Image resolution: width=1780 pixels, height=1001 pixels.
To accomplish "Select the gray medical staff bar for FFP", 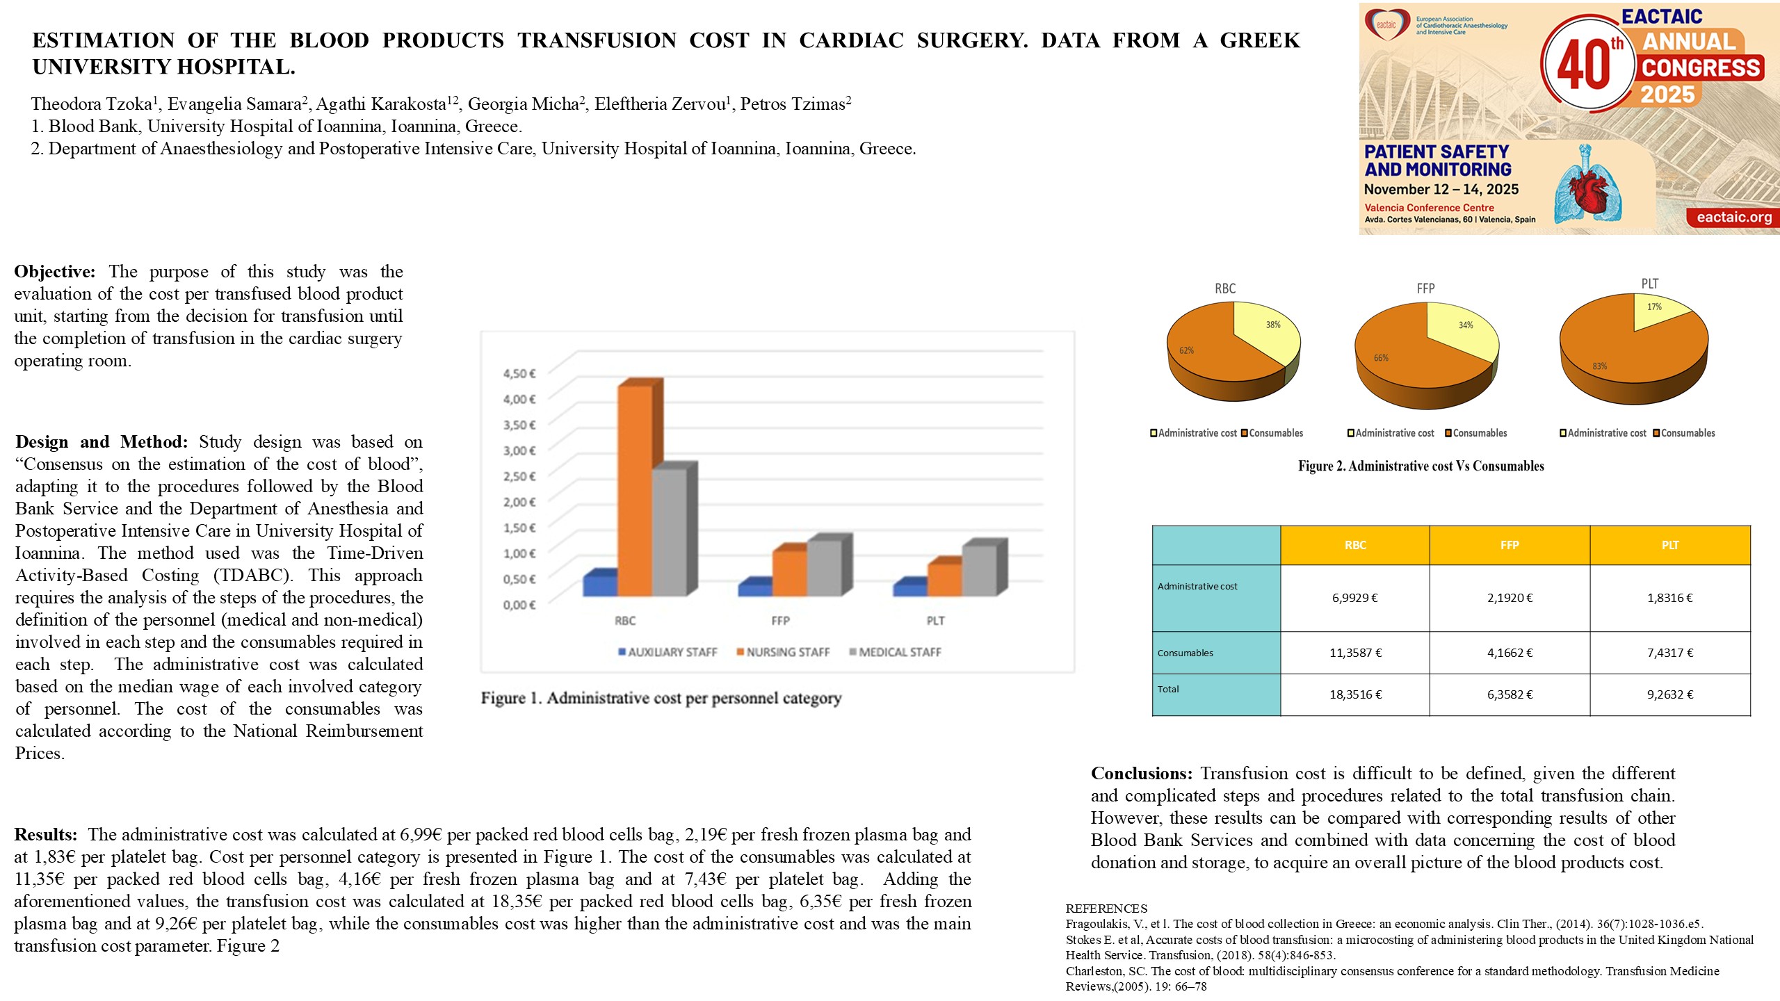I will (x=824, y=567).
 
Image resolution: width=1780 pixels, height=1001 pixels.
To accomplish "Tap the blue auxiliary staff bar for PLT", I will (x=909, y=589).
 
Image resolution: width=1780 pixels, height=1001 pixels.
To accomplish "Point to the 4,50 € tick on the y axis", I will (x=519, y=374).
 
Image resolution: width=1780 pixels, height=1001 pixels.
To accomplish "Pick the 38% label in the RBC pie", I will (x=1272, y=325).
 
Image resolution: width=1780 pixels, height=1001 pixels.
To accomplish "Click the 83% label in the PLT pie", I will (x=1599, y=366).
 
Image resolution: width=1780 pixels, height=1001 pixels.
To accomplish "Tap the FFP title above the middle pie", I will (x=1425, y=288).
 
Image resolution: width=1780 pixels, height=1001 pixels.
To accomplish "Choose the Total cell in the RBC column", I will (x=1355, y=694).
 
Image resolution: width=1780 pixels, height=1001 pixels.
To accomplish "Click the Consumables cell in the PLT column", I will (x=1669, y=653).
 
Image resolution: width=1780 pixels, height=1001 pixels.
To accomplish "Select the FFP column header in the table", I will (x=1510, y=545).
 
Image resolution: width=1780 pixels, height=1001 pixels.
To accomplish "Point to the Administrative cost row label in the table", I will (x=1197, y=587).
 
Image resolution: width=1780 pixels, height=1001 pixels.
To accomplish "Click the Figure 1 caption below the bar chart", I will (x=661, y=698).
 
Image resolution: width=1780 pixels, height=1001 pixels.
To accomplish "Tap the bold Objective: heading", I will (x=54, y=272).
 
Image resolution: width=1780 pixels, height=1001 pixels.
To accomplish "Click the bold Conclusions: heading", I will (x=1141, y=774).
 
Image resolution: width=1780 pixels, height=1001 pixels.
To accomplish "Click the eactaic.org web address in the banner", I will (x=1734, y=217).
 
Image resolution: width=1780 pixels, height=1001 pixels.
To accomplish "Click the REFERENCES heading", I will (x=1106, y=909).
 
